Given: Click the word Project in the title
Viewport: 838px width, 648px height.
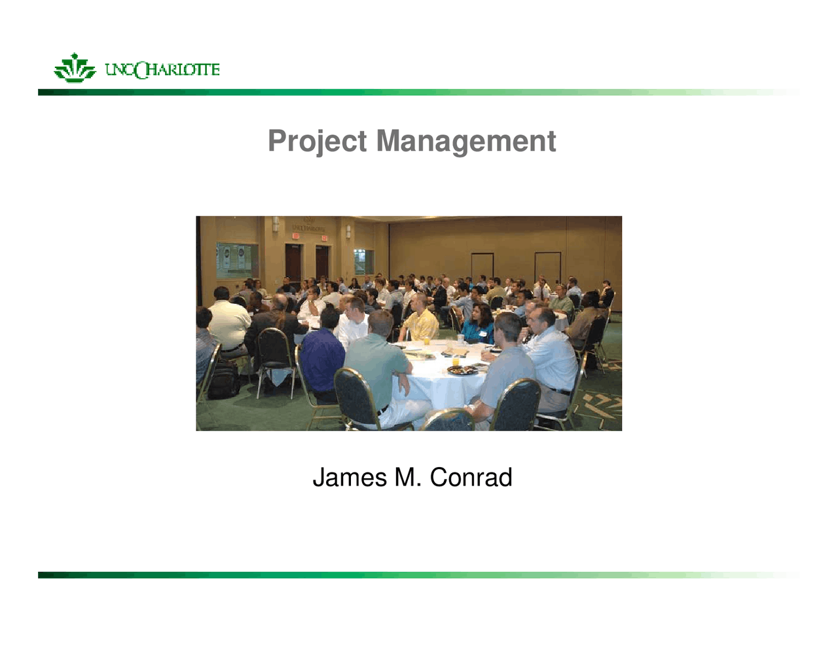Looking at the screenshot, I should tap(317, 141).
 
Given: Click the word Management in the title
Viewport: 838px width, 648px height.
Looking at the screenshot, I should tap(465, 141).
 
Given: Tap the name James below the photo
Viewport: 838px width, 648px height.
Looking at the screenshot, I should tap(350, 478).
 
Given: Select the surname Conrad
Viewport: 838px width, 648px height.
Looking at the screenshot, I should tap(471, 478).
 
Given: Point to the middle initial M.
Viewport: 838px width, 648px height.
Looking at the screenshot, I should tap(407, 478).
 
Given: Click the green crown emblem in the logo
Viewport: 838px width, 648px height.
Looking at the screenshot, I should tap(75, 68).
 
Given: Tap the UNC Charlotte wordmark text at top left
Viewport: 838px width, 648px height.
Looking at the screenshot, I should tap(162, 69).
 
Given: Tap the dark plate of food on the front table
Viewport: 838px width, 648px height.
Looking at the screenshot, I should tap(462, 370).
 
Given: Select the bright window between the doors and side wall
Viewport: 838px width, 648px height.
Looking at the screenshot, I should tap(364, 261).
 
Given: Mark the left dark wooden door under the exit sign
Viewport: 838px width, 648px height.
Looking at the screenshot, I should tap(293, 262).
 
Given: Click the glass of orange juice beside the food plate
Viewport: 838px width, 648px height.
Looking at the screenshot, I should tap(456, 360).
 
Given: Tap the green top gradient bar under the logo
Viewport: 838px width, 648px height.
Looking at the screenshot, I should tap(419, 92).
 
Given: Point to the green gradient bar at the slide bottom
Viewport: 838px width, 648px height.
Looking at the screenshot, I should tap(419, 575).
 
